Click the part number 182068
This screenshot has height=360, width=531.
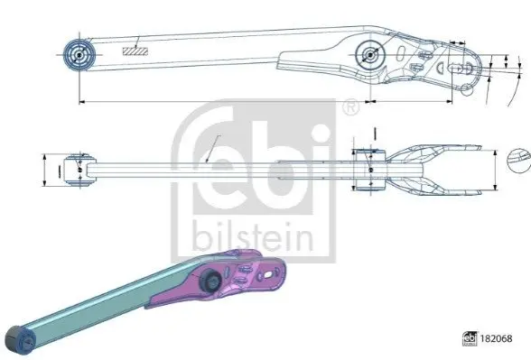click(x=496, y=338)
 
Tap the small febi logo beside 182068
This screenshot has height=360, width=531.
click(x=470, y=338)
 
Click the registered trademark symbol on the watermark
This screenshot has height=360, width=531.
click(x=350, y=106)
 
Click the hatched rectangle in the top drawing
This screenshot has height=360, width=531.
click(x=135, y=51)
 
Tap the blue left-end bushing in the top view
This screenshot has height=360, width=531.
click(x=79, y=55)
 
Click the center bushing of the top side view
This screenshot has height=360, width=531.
click(x=370, y=55)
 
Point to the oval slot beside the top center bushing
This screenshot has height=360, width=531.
click(x=401, y=54)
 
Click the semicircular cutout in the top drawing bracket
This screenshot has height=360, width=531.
click(x=440, y=67)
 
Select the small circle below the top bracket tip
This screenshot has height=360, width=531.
click(x=468, y=89)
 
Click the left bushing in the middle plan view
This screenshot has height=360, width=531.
click(x=79, y=170)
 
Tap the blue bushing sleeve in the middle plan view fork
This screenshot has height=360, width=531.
click(x=370, y=170)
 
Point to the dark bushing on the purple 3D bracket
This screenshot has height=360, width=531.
click(x=210, y=280)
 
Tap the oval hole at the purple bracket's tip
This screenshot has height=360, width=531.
click(x=268, y=274)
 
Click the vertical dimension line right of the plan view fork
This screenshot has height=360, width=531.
click(x=495, y=171)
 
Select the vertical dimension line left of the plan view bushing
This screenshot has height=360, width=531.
click(x=45, y=170)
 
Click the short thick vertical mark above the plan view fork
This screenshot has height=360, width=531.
click(x=375, y=133)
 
